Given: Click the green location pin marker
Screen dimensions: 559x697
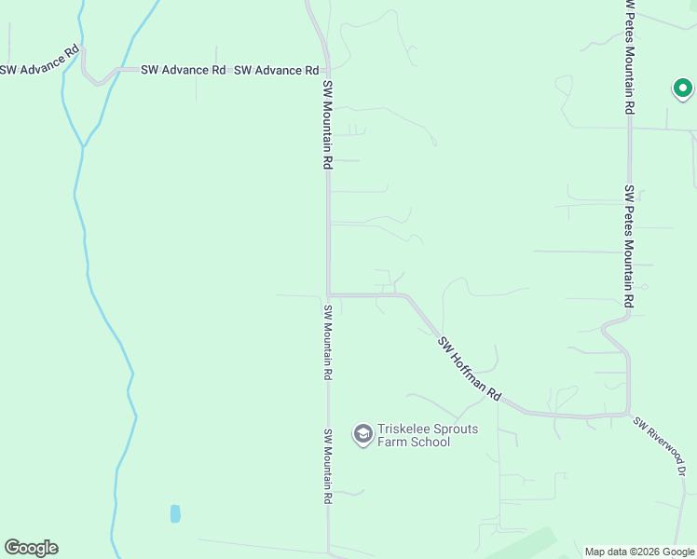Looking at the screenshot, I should [x=682, y=89].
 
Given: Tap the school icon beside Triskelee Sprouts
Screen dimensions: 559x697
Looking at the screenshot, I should [x=362, y=434].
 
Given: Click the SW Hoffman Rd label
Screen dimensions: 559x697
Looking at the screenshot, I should [x=470, y=369].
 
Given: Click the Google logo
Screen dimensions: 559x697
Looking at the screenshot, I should [x=31, y=548].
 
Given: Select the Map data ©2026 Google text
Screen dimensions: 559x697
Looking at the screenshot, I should [x=639, y=552].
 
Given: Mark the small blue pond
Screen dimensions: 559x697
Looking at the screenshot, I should [x=175, y=513].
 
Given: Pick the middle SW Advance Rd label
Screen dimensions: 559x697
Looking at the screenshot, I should [x=184, y=70].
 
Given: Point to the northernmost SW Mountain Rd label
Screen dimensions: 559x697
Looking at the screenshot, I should [x=328, y=124].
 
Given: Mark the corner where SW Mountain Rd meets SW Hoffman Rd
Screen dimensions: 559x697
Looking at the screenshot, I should [x=328, y=294].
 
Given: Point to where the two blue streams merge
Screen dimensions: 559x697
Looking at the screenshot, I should [x=84, y=146].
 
